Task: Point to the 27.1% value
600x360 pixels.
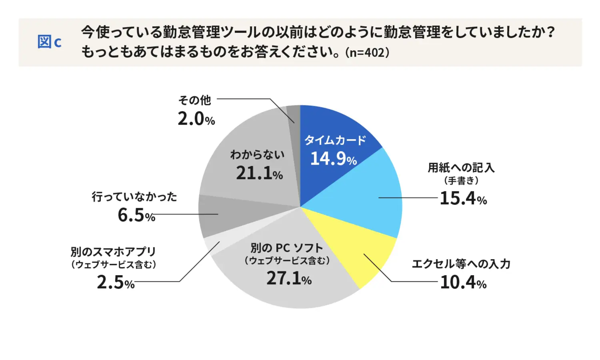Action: click(289, 279)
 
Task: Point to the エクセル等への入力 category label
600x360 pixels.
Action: click(461, 264)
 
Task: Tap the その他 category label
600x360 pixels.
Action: click(195, 100)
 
